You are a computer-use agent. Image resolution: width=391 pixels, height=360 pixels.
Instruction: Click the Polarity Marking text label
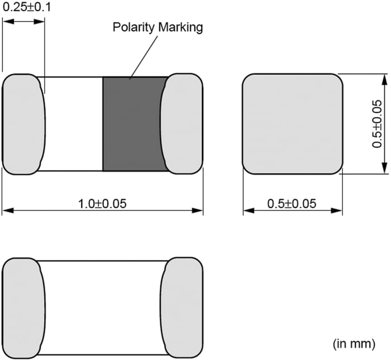point(158,27)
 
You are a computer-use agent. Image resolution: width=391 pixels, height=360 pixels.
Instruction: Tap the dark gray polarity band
point(134,123)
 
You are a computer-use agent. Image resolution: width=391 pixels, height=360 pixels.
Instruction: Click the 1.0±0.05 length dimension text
point(103,203)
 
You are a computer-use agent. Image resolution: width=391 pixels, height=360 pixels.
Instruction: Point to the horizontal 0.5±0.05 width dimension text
point(292,204)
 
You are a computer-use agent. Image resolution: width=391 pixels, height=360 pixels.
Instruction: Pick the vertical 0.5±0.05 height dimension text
point(377,123)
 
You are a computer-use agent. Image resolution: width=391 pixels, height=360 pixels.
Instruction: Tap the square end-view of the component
point(292,123)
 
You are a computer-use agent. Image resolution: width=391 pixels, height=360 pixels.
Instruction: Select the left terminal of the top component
point(22,123)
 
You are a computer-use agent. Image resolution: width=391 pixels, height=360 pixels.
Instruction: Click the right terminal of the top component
point(182,123)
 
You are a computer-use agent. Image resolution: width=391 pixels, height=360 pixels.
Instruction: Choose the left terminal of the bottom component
point(22,308)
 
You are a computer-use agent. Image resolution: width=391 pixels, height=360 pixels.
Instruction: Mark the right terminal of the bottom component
point(182,308)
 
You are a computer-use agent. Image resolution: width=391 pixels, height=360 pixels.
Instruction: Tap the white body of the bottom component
point(103,308)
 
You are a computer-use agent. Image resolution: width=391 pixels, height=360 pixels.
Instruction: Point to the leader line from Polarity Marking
point(142,56)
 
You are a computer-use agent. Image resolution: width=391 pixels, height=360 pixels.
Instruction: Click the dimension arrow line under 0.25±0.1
point(23,21)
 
